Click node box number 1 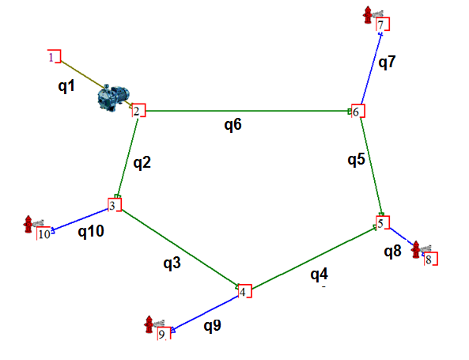[x=54, y=56]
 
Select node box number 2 [x=138, y=111]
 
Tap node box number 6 [x=358, y=111]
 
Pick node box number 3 [x=115, y=205]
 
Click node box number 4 [x=245, y=291]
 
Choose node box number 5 [x=383, y=222]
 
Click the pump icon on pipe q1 [x=113, y=97]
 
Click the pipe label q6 [x=233, y=124]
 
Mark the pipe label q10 [x=91, y=231]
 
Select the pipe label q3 [x=172, y=263]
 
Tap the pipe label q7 [x=387, y=63]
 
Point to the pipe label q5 [x=356, y=160]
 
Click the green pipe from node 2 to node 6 [x=248, y=111]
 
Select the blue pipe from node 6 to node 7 [x=371, y=69]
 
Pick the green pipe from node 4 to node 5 [x=314, y=258]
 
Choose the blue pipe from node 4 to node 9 [x=205, y=313]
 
